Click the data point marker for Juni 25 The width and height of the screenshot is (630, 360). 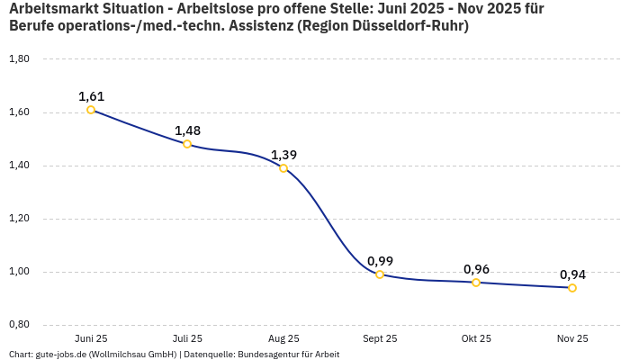tap(91, 110)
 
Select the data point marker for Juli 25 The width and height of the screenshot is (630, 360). tap(187, 144)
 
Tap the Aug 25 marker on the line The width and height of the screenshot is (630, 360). tap(283, 168)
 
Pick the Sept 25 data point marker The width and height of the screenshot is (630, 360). tap(380, 274)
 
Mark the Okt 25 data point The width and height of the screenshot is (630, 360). tap(476, 283)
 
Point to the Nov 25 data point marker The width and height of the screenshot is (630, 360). tap(572, 288)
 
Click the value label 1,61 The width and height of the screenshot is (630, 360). tap(91, 96)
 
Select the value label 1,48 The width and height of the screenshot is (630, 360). tap(187, 130)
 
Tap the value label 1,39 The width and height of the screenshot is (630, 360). tap(283, 155)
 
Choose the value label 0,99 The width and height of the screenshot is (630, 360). tap(380, 261)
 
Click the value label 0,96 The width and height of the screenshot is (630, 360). tap(476, 269)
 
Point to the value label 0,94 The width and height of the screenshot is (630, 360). tap(572, 274)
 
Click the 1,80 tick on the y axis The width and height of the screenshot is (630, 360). tap(19, 59)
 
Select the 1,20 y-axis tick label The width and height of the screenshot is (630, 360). tap(19, 219)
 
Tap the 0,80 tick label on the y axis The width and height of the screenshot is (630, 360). tap(19, 325)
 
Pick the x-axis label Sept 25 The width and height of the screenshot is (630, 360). tap(380, 338)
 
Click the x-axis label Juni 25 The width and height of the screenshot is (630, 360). tap(91, 338)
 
